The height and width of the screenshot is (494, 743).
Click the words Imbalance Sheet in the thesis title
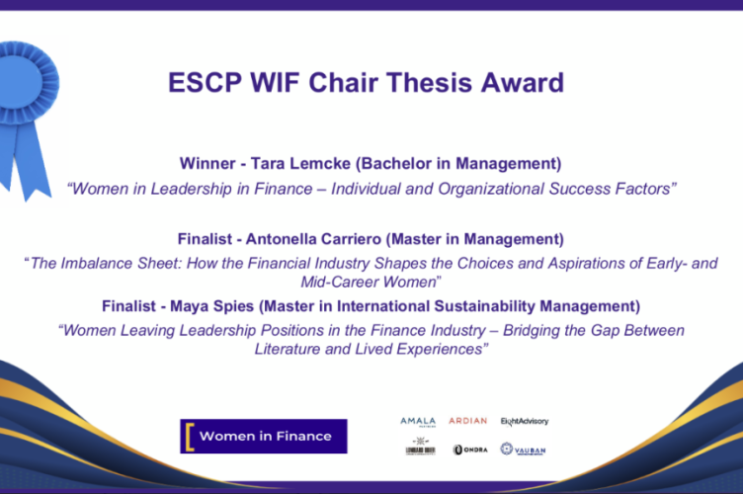pos(116,264)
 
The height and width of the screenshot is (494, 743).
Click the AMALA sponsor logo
pos(417,421)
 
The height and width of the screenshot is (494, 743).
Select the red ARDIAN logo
pos(467,421)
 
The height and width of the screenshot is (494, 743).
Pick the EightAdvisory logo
pos(524,421)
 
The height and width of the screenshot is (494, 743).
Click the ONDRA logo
pos(470,450)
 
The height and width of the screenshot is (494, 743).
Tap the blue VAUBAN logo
pos(523,450)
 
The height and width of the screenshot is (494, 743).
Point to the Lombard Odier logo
pos(420,450)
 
